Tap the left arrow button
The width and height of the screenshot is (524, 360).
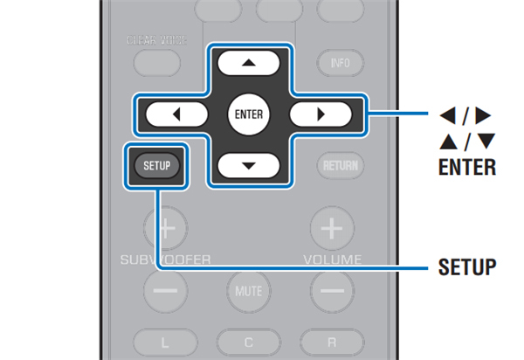177,114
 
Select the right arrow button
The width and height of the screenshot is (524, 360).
320,114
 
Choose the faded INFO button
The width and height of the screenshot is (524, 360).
339,63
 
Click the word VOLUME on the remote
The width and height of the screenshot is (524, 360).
332,260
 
